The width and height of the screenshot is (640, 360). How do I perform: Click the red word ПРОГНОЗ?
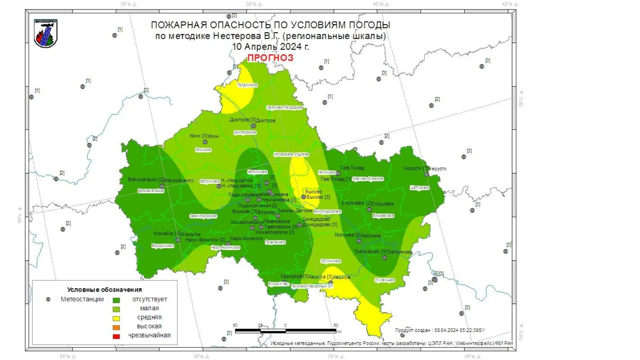tap(270, 58)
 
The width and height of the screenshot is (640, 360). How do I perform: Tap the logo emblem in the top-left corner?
tap(46, 34)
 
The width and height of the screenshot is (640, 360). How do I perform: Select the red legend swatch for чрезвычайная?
tap(116, 336)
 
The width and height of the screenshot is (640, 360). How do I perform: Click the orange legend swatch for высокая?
tap(116, 327)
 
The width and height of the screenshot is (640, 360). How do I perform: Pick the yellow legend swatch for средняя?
tap(116, 318)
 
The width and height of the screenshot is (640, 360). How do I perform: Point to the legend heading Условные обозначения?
tap(104, 290)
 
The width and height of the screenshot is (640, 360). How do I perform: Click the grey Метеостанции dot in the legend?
tap(48, 299)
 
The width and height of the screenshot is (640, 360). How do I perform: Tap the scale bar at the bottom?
tap(286, 331)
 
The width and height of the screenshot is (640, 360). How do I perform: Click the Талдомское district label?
tap(247, 85)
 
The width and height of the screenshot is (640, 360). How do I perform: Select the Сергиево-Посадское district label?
tap(284, 107)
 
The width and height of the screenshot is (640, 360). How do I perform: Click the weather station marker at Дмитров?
tap(254, 126)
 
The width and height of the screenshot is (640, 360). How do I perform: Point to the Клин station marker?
tap(205, 142)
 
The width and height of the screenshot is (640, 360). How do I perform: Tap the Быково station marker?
tap(304, 197)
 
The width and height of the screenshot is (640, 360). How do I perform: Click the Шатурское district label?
tap(419, 188)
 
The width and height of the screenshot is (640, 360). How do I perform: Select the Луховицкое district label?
tap(385, 280)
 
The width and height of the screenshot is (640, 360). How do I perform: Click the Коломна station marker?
tap(359, 241)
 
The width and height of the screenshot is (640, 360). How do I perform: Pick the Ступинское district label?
tap(331, 261)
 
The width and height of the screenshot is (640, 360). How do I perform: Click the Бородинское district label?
tap(163, 246)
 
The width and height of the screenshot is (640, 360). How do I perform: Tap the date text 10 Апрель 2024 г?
tap(270, 47)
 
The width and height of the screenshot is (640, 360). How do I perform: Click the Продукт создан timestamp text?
tap(440, 330)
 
